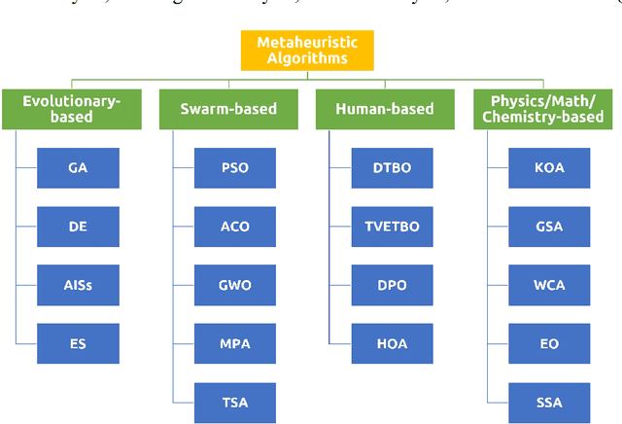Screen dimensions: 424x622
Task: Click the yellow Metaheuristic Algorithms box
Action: (307, 51)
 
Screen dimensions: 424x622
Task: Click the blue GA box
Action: (78, 168)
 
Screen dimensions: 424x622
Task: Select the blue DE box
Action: (78, 227)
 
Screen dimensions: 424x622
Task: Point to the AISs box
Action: (78, 286)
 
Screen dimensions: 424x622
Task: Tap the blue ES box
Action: (78, 344)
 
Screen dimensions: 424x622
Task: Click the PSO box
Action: (235, 168)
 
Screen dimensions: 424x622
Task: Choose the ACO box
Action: (235, 227)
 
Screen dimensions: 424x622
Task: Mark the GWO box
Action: (235, 286)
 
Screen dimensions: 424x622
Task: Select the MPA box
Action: (235, 344)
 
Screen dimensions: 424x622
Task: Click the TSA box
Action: (235, 403)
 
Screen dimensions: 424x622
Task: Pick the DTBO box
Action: (392, 168)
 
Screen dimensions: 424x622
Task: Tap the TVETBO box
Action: (392, 227)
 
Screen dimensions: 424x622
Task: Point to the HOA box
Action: (392, 344)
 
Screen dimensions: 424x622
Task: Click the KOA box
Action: (549, 168)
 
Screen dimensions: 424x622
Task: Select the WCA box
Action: (549, 286)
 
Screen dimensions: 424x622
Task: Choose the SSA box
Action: (549, 403)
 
